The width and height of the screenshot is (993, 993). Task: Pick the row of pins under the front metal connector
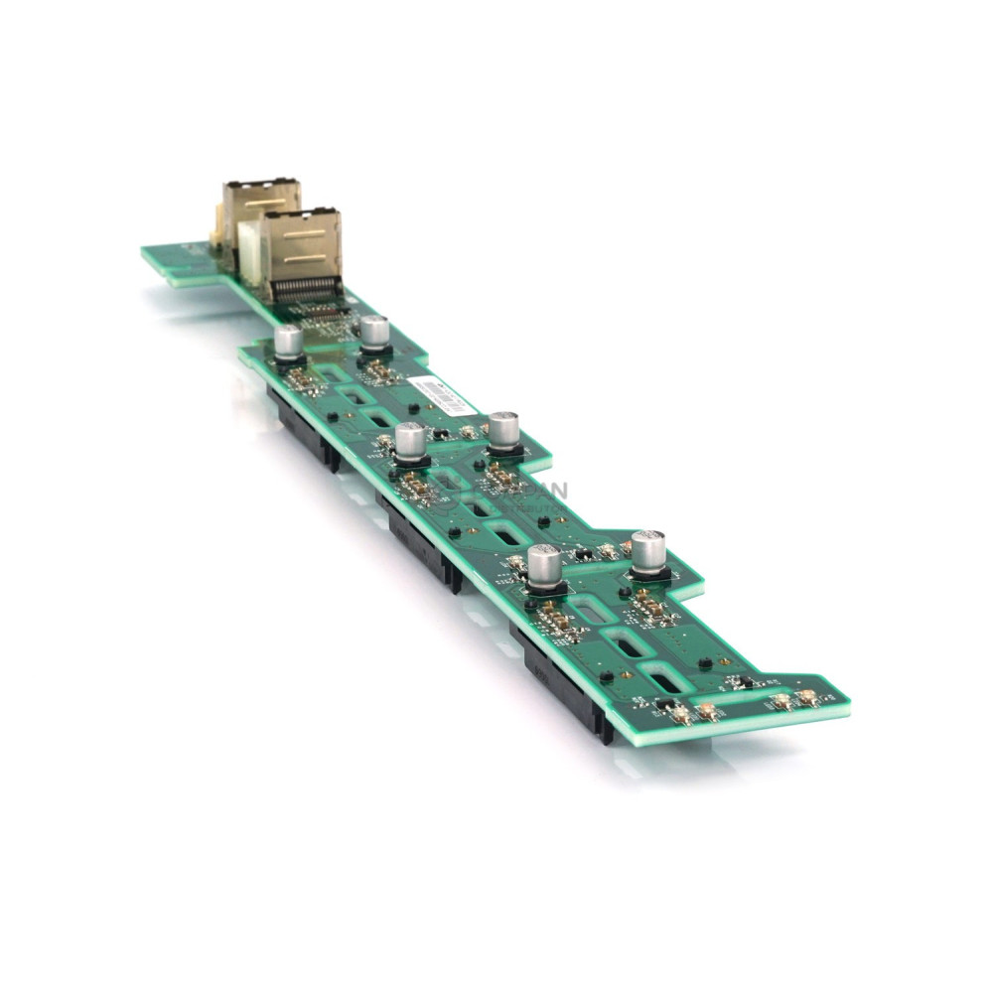pyautogui.click(x=308, y=291)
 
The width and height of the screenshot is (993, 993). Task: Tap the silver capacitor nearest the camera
pyautogui.click(x=545, y=566)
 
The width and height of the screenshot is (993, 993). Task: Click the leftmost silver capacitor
pyautogui.click(x=288, y=342)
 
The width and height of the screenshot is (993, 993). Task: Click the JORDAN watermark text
pyautogui.click(x=526, y=491)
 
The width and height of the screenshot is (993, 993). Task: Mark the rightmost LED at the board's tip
pyautogui.click(x=809, y=698)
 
